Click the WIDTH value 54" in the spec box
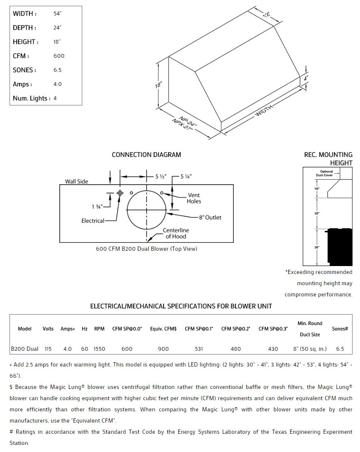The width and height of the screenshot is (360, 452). pos(57,13)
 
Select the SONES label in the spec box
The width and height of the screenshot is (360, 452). pos(24,70)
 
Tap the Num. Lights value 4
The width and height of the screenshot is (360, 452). pos(55,98)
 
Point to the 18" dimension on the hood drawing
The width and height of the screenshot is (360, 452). pos(158,85)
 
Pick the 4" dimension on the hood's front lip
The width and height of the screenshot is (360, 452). pos(306,78)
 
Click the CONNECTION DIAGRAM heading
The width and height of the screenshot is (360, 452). pos(146,155)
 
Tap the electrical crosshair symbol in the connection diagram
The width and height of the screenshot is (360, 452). pos(120,193)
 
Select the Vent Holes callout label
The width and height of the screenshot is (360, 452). pos(194,198)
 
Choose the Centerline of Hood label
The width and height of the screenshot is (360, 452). pos(176,233)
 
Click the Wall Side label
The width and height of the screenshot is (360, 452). pos(76,181)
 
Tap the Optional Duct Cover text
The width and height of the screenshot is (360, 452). pos(326,173)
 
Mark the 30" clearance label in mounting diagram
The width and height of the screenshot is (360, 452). pos(317,213)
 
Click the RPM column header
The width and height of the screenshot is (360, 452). pos(99,329)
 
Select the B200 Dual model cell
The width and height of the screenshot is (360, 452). pos(24,349)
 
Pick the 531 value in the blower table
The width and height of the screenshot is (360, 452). pos(199,349)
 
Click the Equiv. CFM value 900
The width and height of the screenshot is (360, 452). pos(164,349)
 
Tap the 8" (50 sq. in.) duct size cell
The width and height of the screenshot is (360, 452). pos(310,349)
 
